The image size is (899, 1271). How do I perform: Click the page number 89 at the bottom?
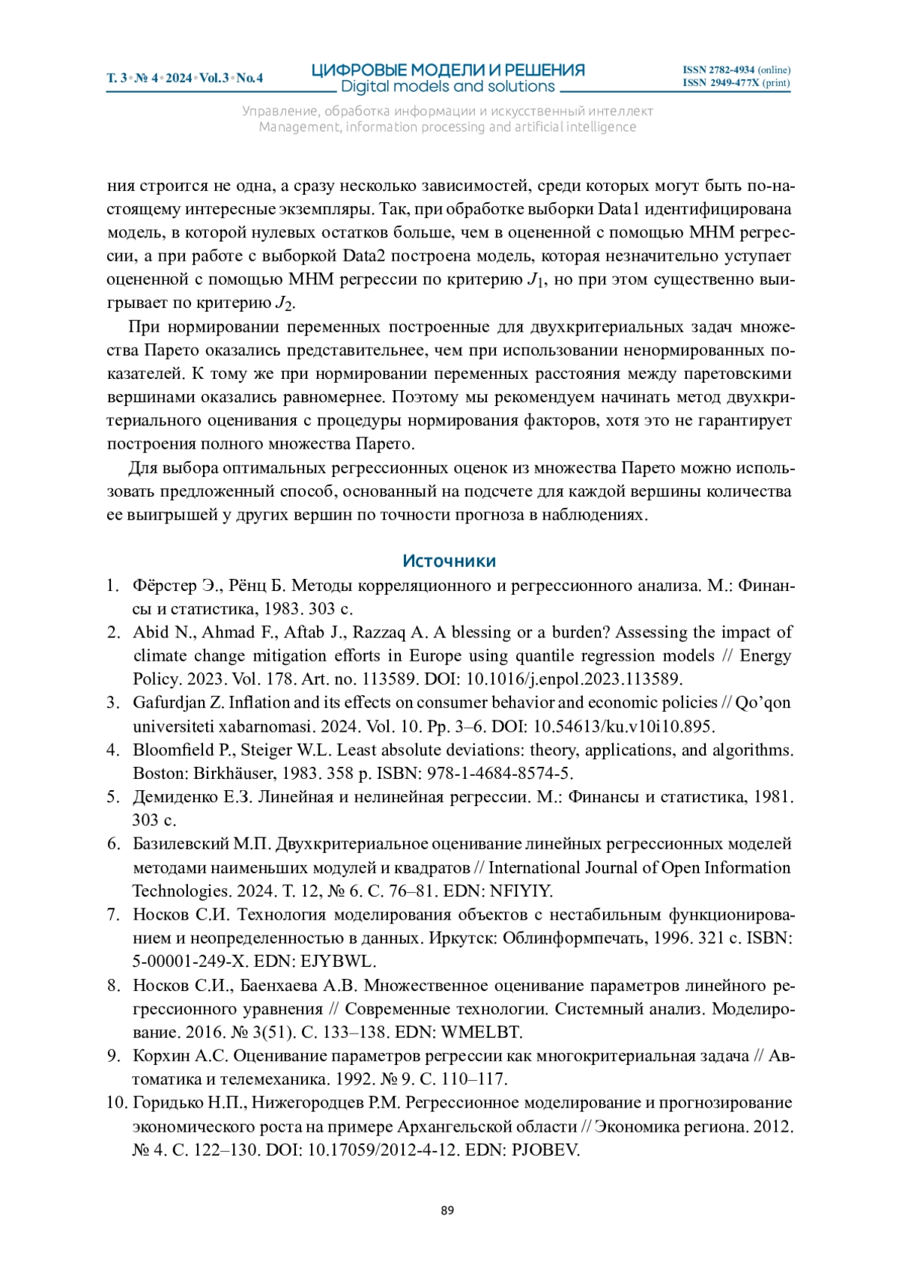pos(447,1210)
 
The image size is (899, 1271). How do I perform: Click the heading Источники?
pos(449,561)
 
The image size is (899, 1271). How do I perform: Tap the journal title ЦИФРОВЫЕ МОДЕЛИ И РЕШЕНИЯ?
pos(448,70)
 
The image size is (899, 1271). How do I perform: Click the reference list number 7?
pos(113,914)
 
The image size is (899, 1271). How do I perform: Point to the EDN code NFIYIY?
pos(521,891)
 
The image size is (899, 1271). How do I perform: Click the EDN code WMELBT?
pos(482,1032)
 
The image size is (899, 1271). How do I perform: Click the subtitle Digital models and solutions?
pos(448,87)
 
